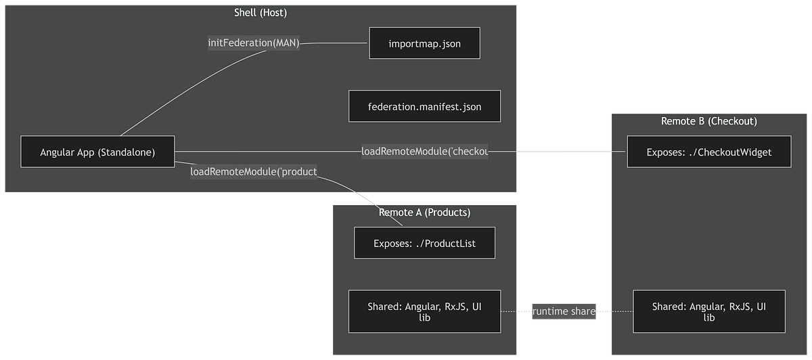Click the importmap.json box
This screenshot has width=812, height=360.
click(x=424, y=43)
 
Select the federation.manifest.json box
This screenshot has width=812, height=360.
click(x=424, y=106)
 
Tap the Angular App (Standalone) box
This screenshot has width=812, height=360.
click(x=97, y=152)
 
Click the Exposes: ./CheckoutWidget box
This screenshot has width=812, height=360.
click(x=708, y=152)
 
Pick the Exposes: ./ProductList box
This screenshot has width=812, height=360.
click(x=424, y=243)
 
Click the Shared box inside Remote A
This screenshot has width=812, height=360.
click(x=424, y=311)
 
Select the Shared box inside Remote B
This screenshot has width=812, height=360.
click(x=708, y=311)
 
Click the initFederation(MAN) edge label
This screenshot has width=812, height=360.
click(x=253, y=43)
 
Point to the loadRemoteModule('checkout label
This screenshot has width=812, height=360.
click(x=424, y=152)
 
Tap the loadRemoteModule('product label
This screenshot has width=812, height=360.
click(x=254, y=171)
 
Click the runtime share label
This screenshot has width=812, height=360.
click(x=564, y=311)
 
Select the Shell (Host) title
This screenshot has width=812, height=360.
click(x=261, y=12)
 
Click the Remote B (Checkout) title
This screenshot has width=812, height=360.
click(x=708, y=121)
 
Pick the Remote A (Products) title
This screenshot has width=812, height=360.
click(x=424, y=212)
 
